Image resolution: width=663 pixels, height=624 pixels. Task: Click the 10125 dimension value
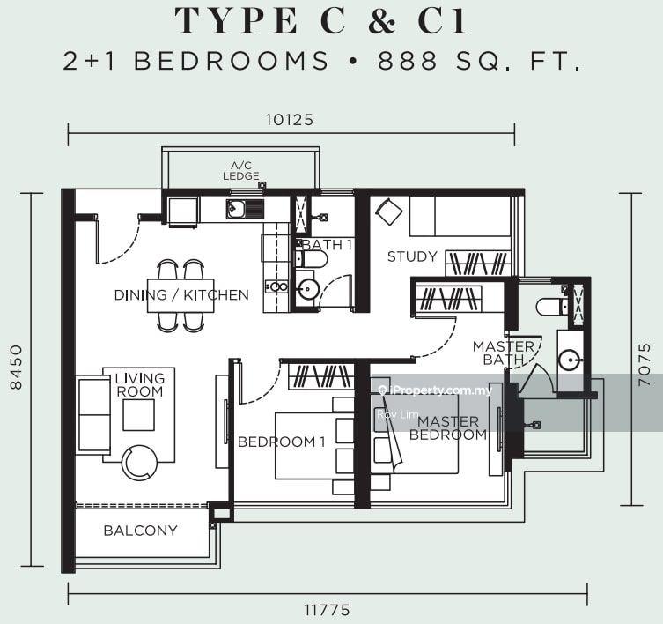point(289,120)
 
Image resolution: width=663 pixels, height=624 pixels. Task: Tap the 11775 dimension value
point(328,610)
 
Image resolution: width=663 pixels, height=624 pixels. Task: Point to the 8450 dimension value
point(17,367)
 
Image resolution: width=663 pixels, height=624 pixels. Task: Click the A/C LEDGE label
point(241,171)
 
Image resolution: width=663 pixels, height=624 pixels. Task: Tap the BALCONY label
point(140,531)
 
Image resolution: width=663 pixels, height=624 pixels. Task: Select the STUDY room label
point(412,256)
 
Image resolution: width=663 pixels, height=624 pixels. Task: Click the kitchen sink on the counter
point(245,209)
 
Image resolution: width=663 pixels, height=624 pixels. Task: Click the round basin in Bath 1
point(307,290)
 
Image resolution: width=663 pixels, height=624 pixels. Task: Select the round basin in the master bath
point(569,360)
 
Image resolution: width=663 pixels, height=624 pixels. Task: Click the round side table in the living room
point(139,463)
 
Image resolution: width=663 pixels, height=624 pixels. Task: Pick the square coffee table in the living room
point(139,415)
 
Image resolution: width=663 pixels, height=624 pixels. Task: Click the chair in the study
point(389,212)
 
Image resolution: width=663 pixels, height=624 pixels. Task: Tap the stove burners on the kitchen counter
point(276,287)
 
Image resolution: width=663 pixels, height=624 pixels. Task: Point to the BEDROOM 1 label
point(281,442)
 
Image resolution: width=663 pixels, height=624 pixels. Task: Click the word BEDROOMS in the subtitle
point(232,61)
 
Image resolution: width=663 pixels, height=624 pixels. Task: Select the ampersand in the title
point(382,21)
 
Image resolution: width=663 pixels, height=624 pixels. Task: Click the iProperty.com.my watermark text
point(437,390)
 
